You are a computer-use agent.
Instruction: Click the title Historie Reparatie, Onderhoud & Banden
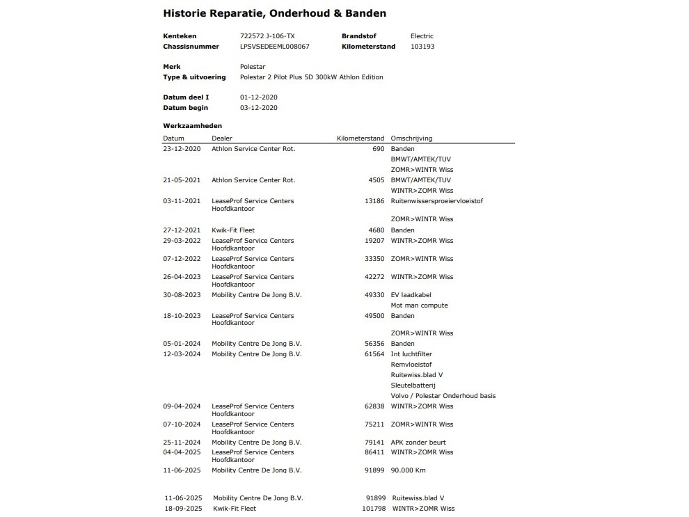click(274, 13)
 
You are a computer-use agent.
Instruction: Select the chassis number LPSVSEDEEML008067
click(274, 47)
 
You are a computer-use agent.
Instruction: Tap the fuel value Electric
click(422, 36)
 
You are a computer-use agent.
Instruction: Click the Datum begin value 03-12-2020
click(258, 108)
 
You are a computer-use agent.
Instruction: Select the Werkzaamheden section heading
click(192, 126)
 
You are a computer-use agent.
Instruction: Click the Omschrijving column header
click(411, 138)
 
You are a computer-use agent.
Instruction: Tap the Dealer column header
click(222, 138)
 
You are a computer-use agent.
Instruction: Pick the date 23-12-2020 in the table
click(182, 149)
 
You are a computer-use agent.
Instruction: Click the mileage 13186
click(374, 201)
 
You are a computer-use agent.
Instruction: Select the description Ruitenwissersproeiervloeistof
click(436, 201)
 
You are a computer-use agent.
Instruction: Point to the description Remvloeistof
click(411, 365)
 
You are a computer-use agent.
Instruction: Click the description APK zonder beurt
click(418, 443)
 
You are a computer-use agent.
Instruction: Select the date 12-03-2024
click(182, 354)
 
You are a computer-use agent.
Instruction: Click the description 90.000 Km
click(408, 470)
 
